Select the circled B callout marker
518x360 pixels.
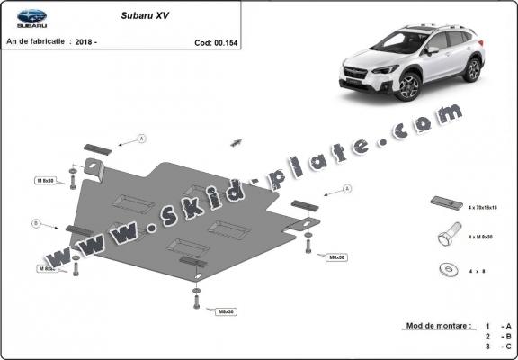pyautogui.click(x=36, y=222)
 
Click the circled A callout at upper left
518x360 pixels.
pyautogui.click(x=142, y=139)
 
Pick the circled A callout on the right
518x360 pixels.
pyautogui.click(x=347, y=189)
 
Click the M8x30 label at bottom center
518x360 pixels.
pyautogui.click(x=225, y=311)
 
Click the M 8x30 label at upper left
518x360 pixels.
pyautogui.click(x=45, y=181)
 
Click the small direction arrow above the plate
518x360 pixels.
pyautogui.click(x=237, y=141)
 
